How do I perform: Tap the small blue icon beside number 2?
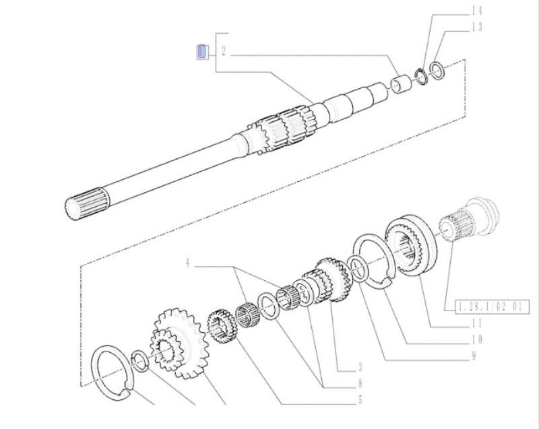[201, 51]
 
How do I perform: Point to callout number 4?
[189, 263]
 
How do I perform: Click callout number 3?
[360, 367]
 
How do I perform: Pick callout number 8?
[360, 384]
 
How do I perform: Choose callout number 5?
[360, 401]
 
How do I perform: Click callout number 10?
[476, 339]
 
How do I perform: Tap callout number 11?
[476, 323]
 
